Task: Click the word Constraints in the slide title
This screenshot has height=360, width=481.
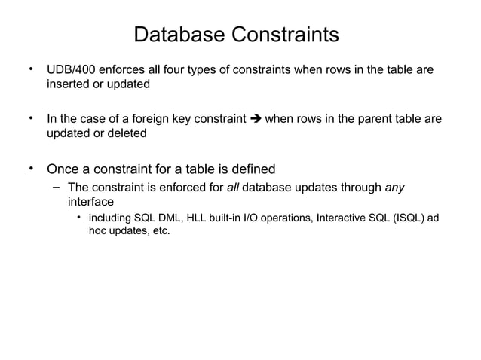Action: coord(285,35)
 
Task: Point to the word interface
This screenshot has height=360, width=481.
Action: coord(90,202)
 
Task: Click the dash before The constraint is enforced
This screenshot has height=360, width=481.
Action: coord(56,187)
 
